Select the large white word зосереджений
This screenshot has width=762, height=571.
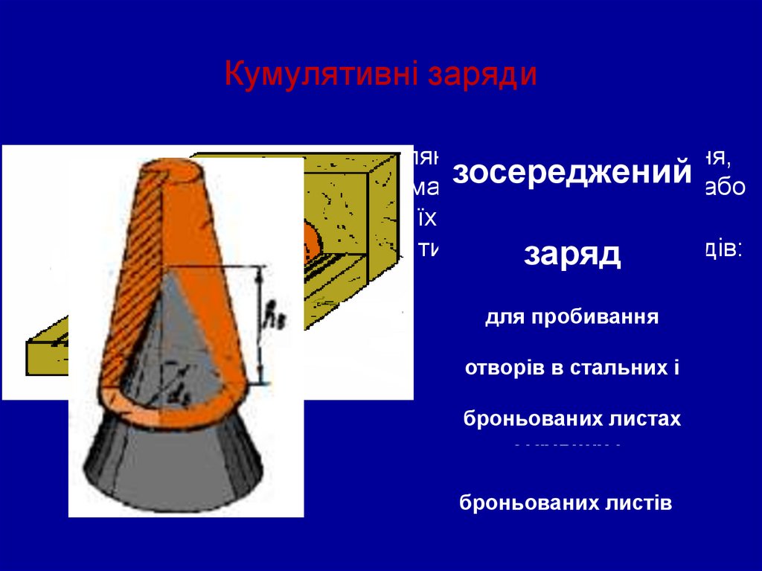click(x=571, y=173)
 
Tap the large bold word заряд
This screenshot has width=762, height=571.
click(x=571, y=253)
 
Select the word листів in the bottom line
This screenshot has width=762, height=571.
click(x=641, y=503)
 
